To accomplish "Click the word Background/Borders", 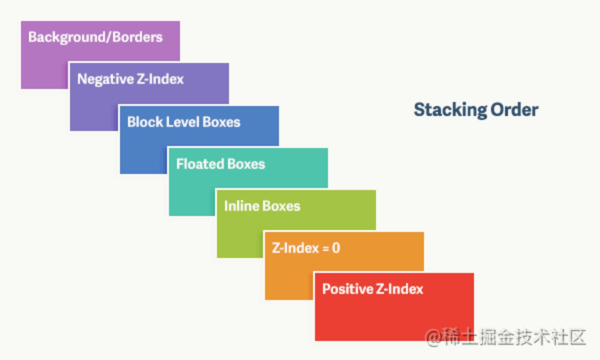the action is (x=95, y=37).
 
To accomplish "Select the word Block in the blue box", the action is (x=145, y=122).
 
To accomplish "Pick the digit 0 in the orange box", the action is (x=336, y=248).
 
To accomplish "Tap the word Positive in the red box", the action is (x=347, y=289).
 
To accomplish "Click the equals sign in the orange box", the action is (x=325, y=248).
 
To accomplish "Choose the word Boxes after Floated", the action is (x=246, y=164).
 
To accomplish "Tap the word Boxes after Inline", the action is (x=281, y=206).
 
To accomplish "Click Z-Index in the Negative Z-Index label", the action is (x=160, y=79).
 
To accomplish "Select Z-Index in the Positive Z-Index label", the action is (x=399, y=289).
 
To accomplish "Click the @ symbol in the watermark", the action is (x=434, y=337).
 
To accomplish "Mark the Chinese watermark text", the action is (x=514, y=337).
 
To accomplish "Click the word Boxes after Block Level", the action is (x=221, y=122).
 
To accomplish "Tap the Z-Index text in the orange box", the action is (x=295, y=248).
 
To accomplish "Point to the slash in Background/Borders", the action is (x=108, y=37).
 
